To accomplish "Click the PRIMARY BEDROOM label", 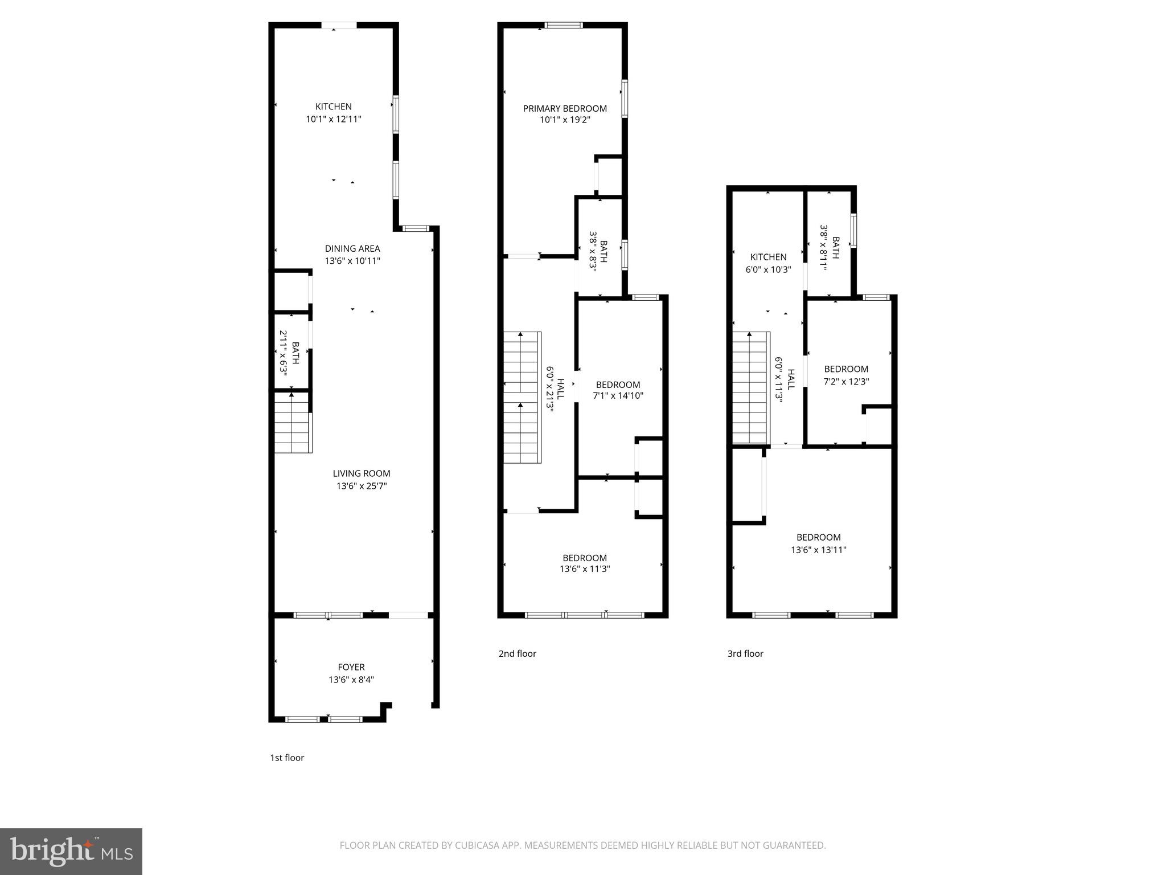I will coord(565,108).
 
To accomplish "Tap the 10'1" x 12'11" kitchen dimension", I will coord(334,119).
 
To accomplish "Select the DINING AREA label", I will coord(352,248).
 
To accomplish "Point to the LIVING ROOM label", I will coord(362,473).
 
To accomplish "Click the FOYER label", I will coord(351,667).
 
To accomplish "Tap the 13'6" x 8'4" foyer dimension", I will coord(351,680).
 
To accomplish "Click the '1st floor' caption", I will coord(287,758).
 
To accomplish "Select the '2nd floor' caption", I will coord(517,653).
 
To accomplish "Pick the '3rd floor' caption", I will coord(745,653).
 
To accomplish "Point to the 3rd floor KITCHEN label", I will coord(768,257).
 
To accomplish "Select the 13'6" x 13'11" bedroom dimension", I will coord(819,550).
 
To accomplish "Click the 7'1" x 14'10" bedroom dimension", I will coord(618,395).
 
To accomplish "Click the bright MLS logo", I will coord(71,851).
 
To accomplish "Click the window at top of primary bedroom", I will coord(564,25).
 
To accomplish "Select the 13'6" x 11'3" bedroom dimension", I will coord(585,569).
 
